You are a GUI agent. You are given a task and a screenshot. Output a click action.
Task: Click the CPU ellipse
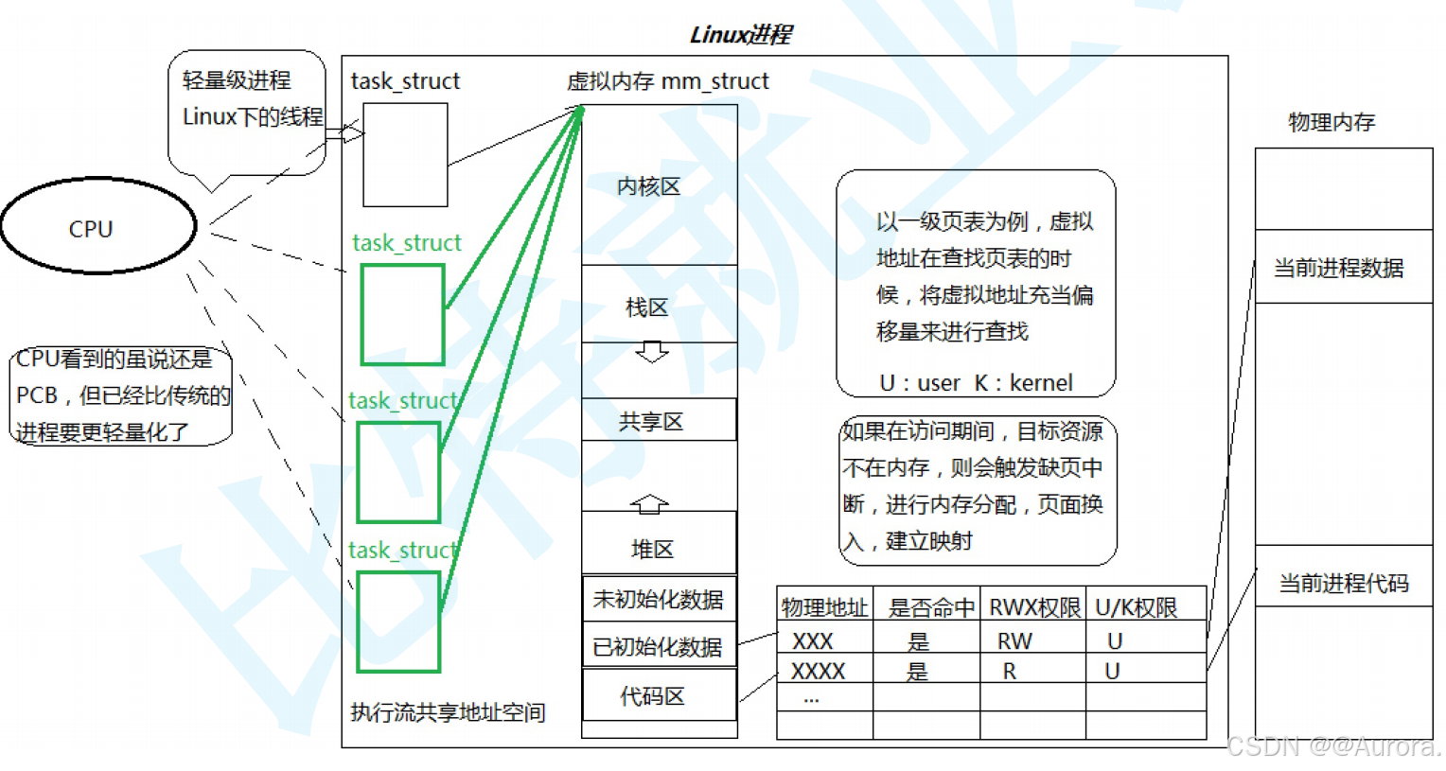coord(97,227)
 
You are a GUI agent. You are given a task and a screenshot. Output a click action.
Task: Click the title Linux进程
coord(740,35)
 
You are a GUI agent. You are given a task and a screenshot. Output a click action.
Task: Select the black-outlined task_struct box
coord(405,154)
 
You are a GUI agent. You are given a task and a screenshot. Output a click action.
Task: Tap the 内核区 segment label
coord(649,186)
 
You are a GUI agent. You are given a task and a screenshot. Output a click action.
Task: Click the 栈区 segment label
coord(647,307)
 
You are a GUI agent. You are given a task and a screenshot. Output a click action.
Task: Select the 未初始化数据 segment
coord(659,599)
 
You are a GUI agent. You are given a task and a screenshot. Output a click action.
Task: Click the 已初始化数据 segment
coord(659,646)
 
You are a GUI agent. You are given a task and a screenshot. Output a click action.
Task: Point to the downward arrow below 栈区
coord(652,353)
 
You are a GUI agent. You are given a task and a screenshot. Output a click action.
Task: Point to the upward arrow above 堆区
coord(649,503)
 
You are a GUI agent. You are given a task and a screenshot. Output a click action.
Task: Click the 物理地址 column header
coord(824,607)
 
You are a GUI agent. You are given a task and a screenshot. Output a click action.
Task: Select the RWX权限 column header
coord(1033,607)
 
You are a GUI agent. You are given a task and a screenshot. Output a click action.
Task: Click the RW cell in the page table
coord(1014,641)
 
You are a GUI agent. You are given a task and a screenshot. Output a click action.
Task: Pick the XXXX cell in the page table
coord(819,672)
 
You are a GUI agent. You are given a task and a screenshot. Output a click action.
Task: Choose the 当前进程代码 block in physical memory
coord(1344,583)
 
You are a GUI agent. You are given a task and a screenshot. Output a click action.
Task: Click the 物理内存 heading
coord(1331,122)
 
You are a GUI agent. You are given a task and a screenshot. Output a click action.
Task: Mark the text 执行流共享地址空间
coord(448,712)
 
